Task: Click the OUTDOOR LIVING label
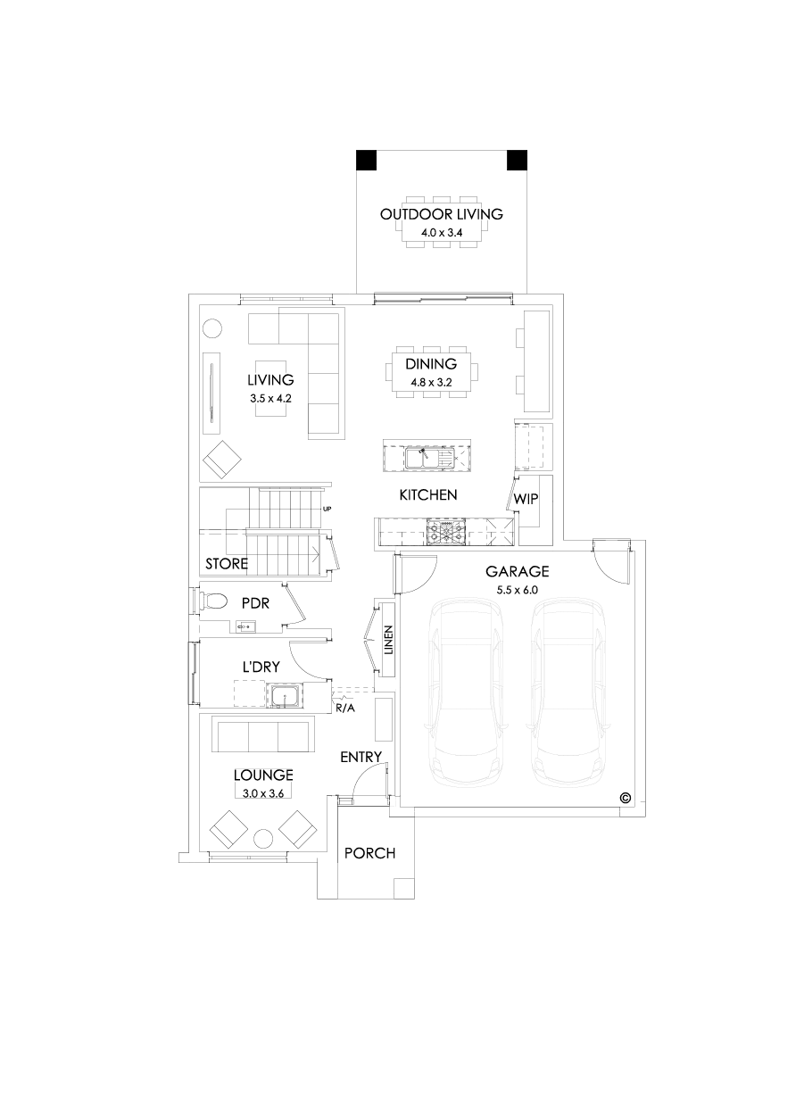441,214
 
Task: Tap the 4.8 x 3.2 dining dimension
432,382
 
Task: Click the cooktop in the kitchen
445,532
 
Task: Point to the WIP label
526,499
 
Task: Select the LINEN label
388,642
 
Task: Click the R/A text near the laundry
345,708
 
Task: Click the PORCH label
369,854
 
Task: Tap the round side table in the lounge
262,839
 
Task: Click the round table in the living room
212,328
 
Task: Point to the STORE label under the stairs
227,564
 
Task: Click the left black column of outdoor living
366,160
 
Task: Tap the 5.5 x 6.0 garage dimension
517,590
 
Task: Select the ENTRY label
361,758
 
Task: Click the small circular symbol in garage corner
625,797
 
